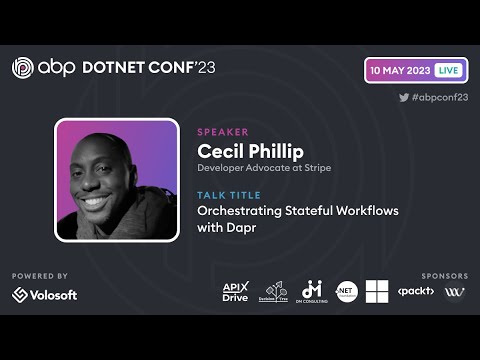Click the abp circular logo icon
24,68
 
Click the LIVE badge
448,71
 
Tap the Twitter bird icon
404,97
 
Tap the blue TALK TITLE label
229,195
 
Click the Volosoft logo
45,294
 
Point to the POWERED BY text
40,275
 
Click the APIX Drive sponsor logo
235,292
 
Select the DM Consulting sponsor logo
311,292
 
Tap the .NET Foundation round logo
346,292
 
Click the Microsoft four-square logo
377,292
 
